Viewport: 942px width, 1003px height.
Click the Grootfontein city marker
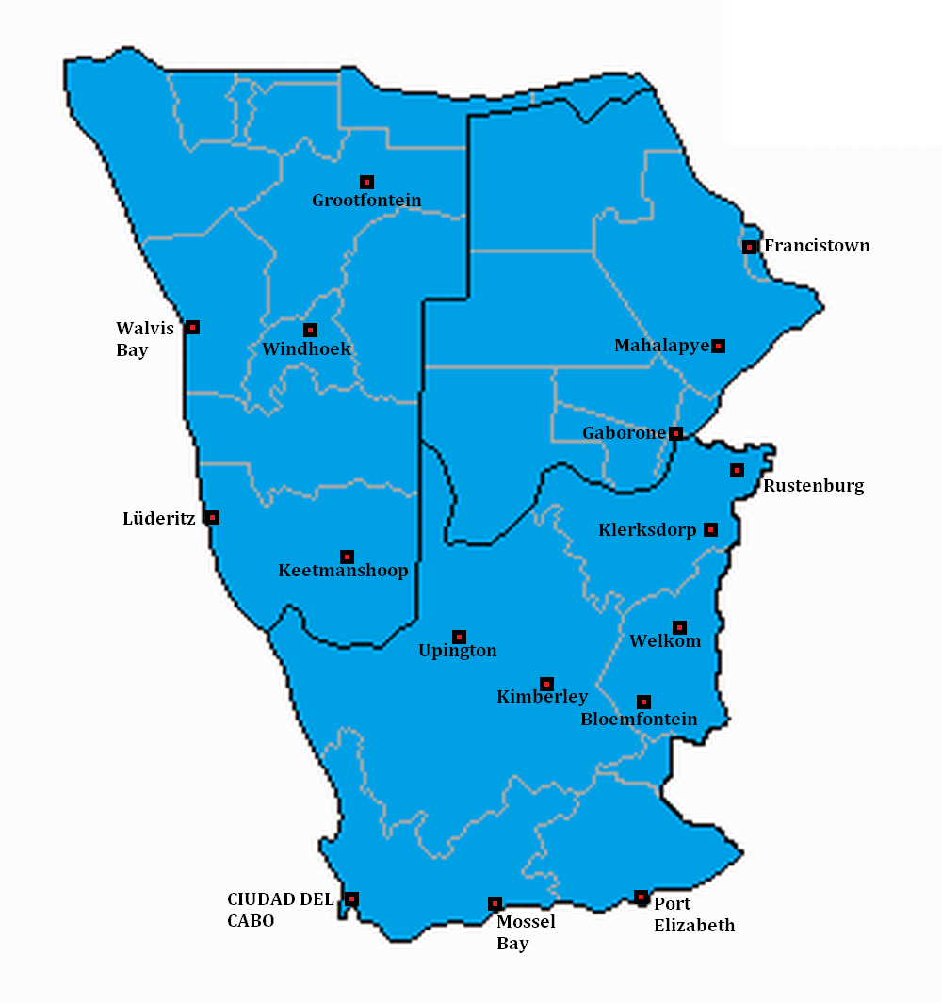tap(366, 182)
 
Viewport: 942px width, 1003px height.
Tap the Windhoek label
tap(307, 349)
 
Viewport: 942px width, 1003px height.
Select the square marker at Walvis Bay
tap(192, 327)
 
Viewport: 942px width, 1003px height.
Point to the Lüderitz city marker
tap(213, 517)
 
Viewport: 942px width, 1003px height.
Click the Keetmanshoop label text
tap(343, 571)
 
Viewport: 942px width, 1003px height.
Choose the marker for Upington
tap(459, 637)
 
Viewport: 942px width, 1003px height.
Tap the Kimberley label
tap(542, 697)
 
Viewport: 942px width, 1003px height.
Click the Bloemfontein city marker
tap(643, 702)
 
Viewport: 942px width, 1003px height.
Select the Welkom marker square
tap(679, 627)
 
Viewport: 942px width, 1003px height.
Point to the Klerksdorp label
tap(647, 530)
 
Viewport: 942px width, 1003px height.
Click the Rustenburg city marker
tap(738, 470)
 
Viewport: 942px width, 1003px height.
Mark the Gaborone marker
tap(675, 433)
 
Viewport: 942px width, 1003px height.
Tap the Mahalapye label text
tap(661, 346)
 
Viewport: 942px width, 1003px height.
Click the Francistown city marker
tap(749, 247)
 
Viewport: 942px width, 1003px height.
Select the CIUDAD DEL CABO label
tap(280, 910)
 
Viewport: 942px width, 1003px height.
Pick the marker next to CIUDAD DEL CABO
tap(351, 898)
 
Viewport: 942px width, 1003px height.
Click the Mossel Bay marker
tap(495, 903)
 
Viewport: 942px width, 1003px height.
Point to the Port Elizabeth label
tap(694, 914)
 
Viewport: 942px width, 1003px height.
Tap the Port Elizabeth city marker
tap(642, 897)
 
